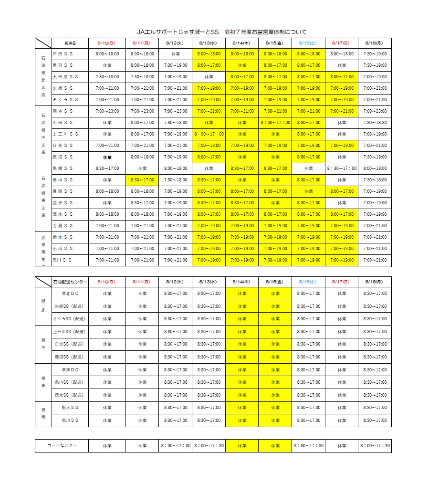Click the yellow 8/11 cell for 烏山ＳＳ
coord(142,180)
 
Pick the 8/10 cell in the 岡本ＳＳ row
coord(107,111)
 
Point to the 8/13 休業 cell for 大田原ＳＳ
coord(209,77)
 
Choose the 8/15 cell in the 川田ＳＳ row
coord(275,123)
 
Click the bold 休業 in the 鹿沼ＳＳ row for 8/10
coord(107,157)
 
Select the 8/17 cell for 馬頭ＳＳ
coord(342,168)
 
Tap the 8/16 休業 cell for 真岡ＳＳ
coord(308,191)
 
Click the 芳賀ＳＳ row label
coord(63,226)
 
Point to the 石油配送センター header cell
coord(70,282)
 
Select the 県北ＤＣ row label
coord(70,294)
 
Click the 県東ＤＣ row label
coord(70,369)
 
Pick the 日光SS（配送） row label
coord(70,344)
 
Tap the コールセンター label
coord(62,445)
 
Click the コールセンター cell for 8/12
coord(175,445)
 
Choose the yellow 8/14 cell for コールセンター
coord(242,445)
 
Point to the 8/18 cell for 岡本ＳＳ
coord(375,111)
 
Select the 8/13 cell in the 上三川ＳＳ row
coord(209,134)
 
